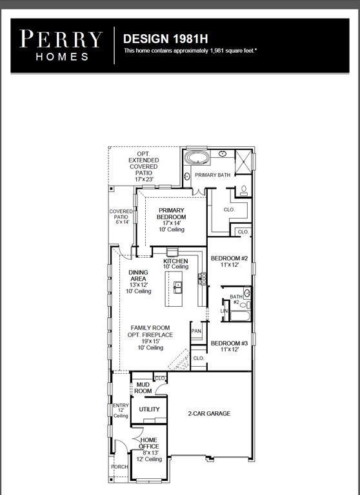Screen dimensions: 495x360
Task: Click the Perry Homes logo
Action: [61, 45]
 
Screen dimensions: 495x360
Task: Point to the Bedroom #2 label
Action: [230, 261]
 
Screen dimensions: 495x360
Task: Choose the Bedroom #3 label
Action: [230, 345]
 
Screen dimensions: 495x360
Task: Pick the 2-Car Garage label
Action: [209, 414]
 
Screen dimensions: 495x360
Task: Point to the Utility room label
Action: [149, 409]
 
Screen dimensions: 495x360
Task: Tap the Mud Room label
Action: [143, 387]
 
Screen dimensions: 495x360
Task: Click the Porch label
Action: [119, 467]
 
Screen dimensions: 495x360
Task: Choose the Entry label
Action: [121, 410]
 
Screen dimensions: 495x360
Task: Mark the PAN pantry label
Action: [197, 331]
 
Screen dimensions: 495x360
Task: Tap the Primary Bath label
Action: [212, 175]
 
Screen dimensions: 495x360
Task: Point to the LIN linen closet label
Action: [225, 311]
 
